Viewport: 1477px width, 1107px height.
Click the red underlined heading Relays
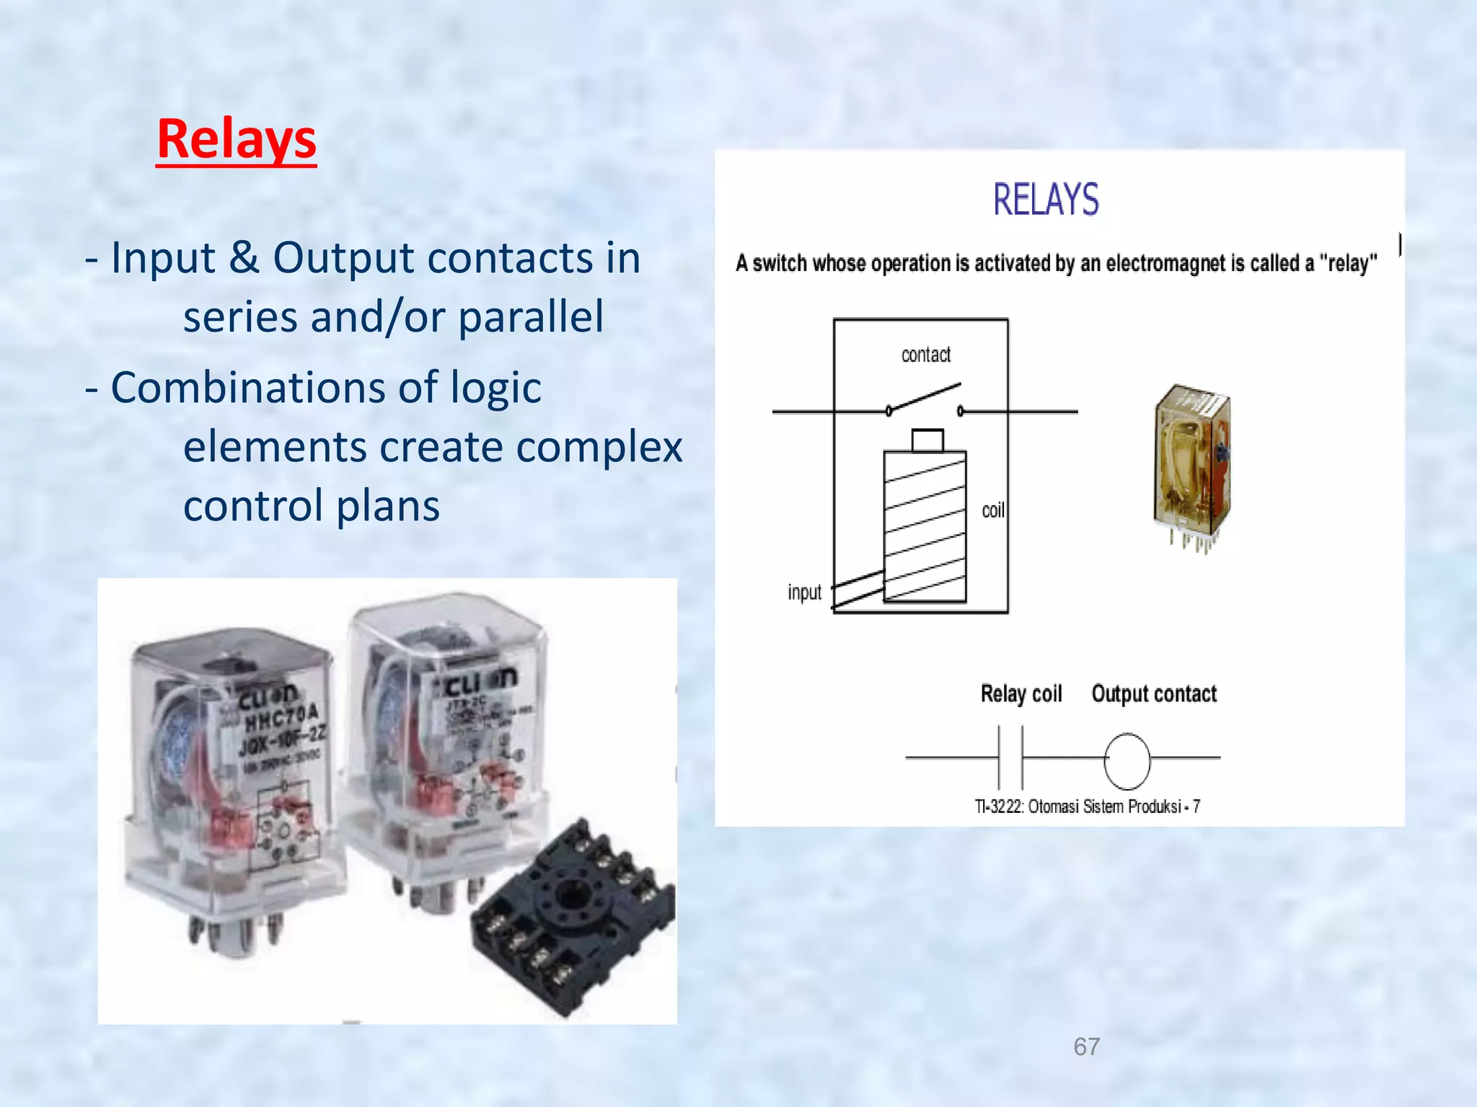click(x=237, y=139)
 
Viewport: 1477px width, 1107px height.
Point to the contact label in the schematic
click(x=926, y=355)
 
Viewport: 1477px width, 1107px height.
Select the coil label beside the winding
click(x=993, y=510)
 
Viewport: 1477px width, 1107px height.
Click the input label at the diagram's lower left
click(x=804, y=592)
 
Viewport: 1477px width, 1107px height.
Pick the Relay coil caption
click(x=1020, y=693)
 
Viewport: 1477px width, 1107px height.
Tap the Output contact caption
click(x=1154, y=693)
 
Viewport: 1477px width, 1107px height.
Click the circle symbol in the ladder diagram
click(x=1127, y=761)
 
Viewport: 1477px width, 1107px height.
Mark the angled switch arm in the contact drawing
click(x=925, y=398)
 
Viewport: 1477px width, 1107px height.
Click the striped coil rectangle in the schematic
click(x=925, y=526)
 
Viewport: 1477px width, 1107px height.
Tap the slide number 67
click(x=1087, y=1046)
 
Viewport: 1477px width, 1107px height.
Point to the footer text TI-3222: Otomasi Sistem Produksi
click(x=1087, y=806)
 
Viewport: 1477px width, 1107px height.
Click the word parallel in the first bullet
click(x=531, y=317)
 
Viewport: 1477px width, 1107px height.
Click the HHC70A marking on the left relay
click(x=281, y=716)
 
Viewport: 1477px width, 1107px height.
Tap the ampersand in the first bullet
click(x=244, y=257)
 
